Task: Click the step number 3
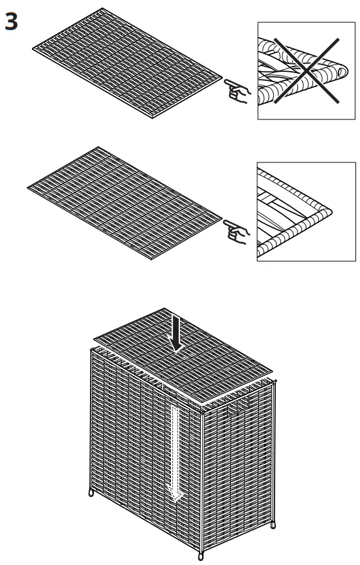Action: pyautogui.click(x=12, y=22)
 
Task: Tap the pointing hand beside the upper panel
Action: pyautogui.click(x=237, y=92)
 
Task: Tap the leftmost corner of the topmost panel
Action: pyautogui.click(x=31, y=48)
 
